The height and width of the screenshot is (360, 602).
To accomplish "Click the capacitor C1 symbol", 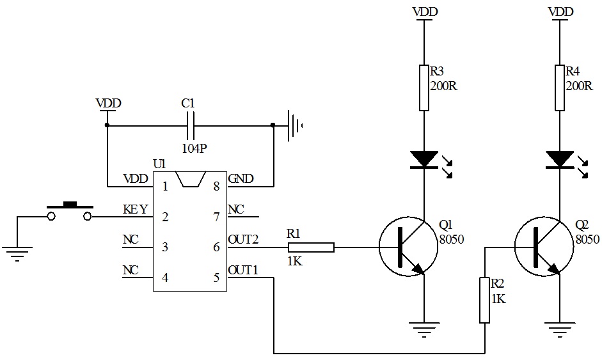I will [190, 125].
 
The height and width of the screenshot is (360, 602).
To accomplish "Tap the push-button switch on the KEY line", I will [70, 212].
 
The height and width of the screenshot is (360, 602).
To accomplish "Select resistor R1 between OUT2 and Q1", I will [311, 247].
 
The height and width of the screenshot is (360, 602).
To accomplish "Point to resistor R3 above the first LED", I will [423, 88].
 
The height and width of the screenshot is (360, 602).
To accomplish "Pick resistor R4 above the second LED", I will [560, 88].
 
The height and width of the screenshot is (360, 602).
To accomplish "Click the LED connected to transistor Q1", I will [424, 159].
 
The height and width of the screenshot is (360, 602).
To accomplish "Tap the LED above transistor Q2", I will [560, 159].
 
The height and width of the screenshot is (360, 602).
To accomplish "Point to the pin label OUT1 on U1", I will [243, 271].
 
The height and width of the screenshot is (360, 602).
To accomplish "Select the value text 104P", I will [194, 148].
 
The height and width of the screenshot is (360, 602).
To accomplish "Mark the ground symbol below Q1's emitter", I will [424, 330].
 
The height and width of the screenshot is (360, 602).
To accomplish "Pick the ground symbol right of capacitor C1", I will [294, 125].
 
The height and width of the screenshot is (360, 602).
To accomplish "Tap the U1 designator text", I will [159, 165].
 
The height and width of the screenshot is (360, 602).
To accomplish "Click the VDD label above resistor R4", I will [560, 12].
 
